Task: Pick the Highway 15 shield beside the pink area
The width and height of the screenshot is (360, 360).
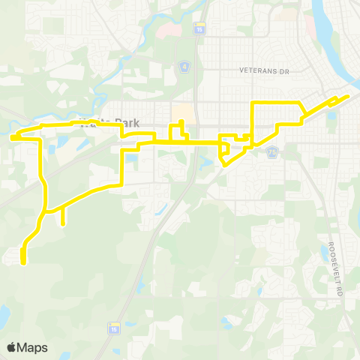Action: coord(199,28)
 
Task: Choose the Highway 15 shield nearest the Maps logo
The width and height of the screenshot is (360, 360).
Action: coord(114,328)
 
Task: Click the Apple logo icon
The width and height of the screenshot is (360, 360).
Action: coord(12,347)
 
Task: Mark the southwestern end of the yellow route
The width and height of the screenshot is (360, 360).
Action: coord(23,262)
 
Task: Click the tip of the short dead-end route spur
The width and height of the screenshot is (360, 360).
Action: coord(62,223)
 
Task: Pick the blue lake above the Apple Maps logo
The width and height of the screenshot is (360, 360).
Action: coord(4,313)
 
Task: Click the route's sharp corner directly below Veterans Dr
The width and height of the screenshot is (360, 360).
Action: coord(253,102)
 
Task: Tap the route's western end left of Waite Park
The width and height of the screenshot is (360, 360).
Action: coord(13,137)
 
